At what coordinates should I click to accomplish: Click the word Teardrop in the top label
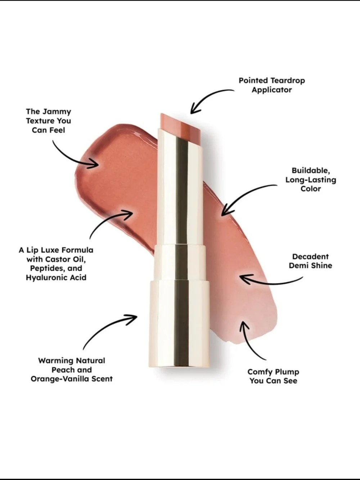pyautogui.click(x=288, y=81)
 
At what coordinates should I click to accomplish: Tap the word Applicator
pyautogui.click(x=272, y=90)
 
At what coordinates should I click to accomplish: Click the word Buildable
pyautogui.click(x=311, y=171)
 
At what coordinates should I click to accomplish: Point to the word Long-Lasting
pyautogui.click(x=311, y=180)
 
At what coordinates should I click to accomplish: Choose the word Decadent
pyautogui.click(x=310, y=256)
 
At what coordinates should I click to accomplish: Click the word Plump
pyautogui.click(x=287, y=372)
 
